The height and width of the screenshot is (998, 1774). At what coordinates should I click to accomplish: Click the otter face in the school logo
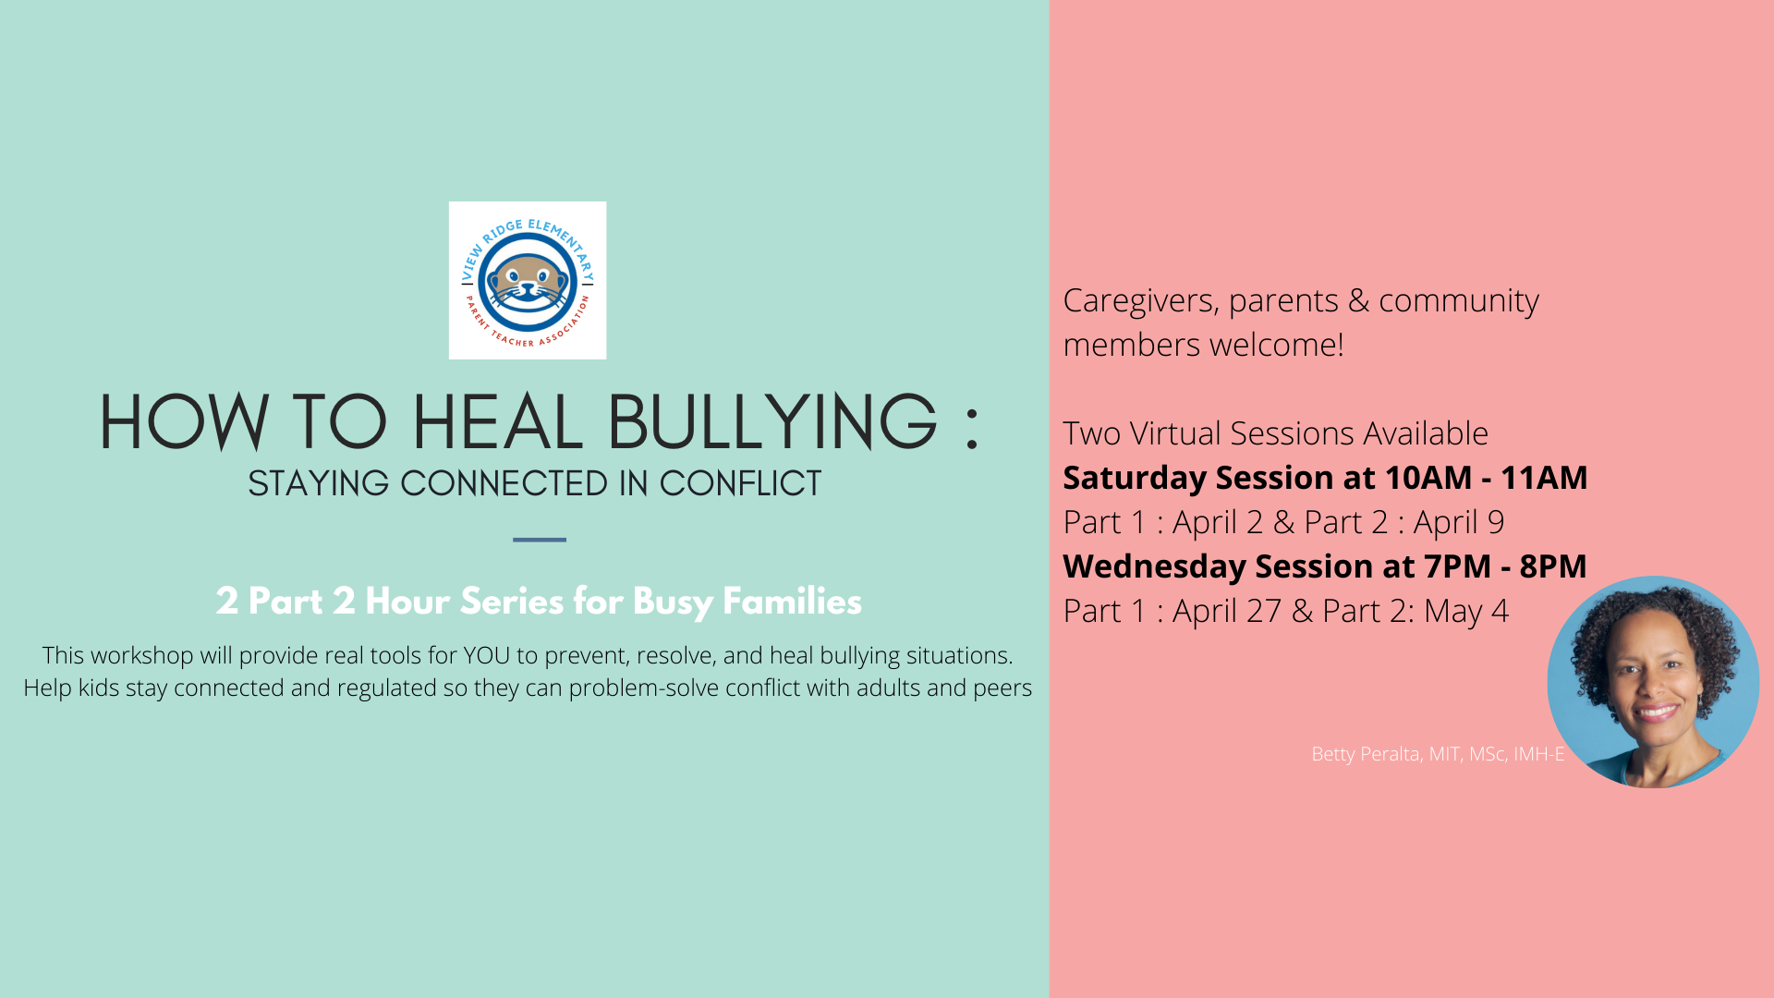tap(527, 284)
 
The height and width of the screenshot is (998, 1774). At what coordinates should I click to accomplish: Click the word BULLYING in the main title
tap(772, 422)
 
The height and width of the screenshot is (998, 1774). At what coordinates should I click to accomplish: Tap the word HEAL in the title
tap(497, 422)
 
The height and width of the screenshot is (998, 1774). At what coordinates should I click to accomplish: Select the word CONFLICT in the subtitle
tap(740, 483)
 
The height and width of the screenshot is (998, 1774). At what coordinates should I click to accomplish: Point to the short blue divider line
tap(540, 540)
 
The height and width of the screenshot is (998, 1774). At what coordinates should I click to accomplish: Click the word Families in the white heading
tap(792, 602)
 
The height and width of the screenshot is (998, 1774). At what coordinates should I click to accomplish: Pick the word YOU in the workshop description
tap(487, 655)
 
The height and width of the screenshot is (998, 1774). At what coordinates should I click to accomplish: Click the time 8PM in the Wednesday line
tap(1553, 566)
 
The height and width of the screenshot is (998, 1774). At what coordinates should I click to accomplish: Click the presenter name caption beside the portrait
tap(1438, 754)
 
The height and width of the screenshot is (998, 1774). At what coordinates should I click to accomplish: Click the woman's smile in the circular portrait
tap(1656, 712)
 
